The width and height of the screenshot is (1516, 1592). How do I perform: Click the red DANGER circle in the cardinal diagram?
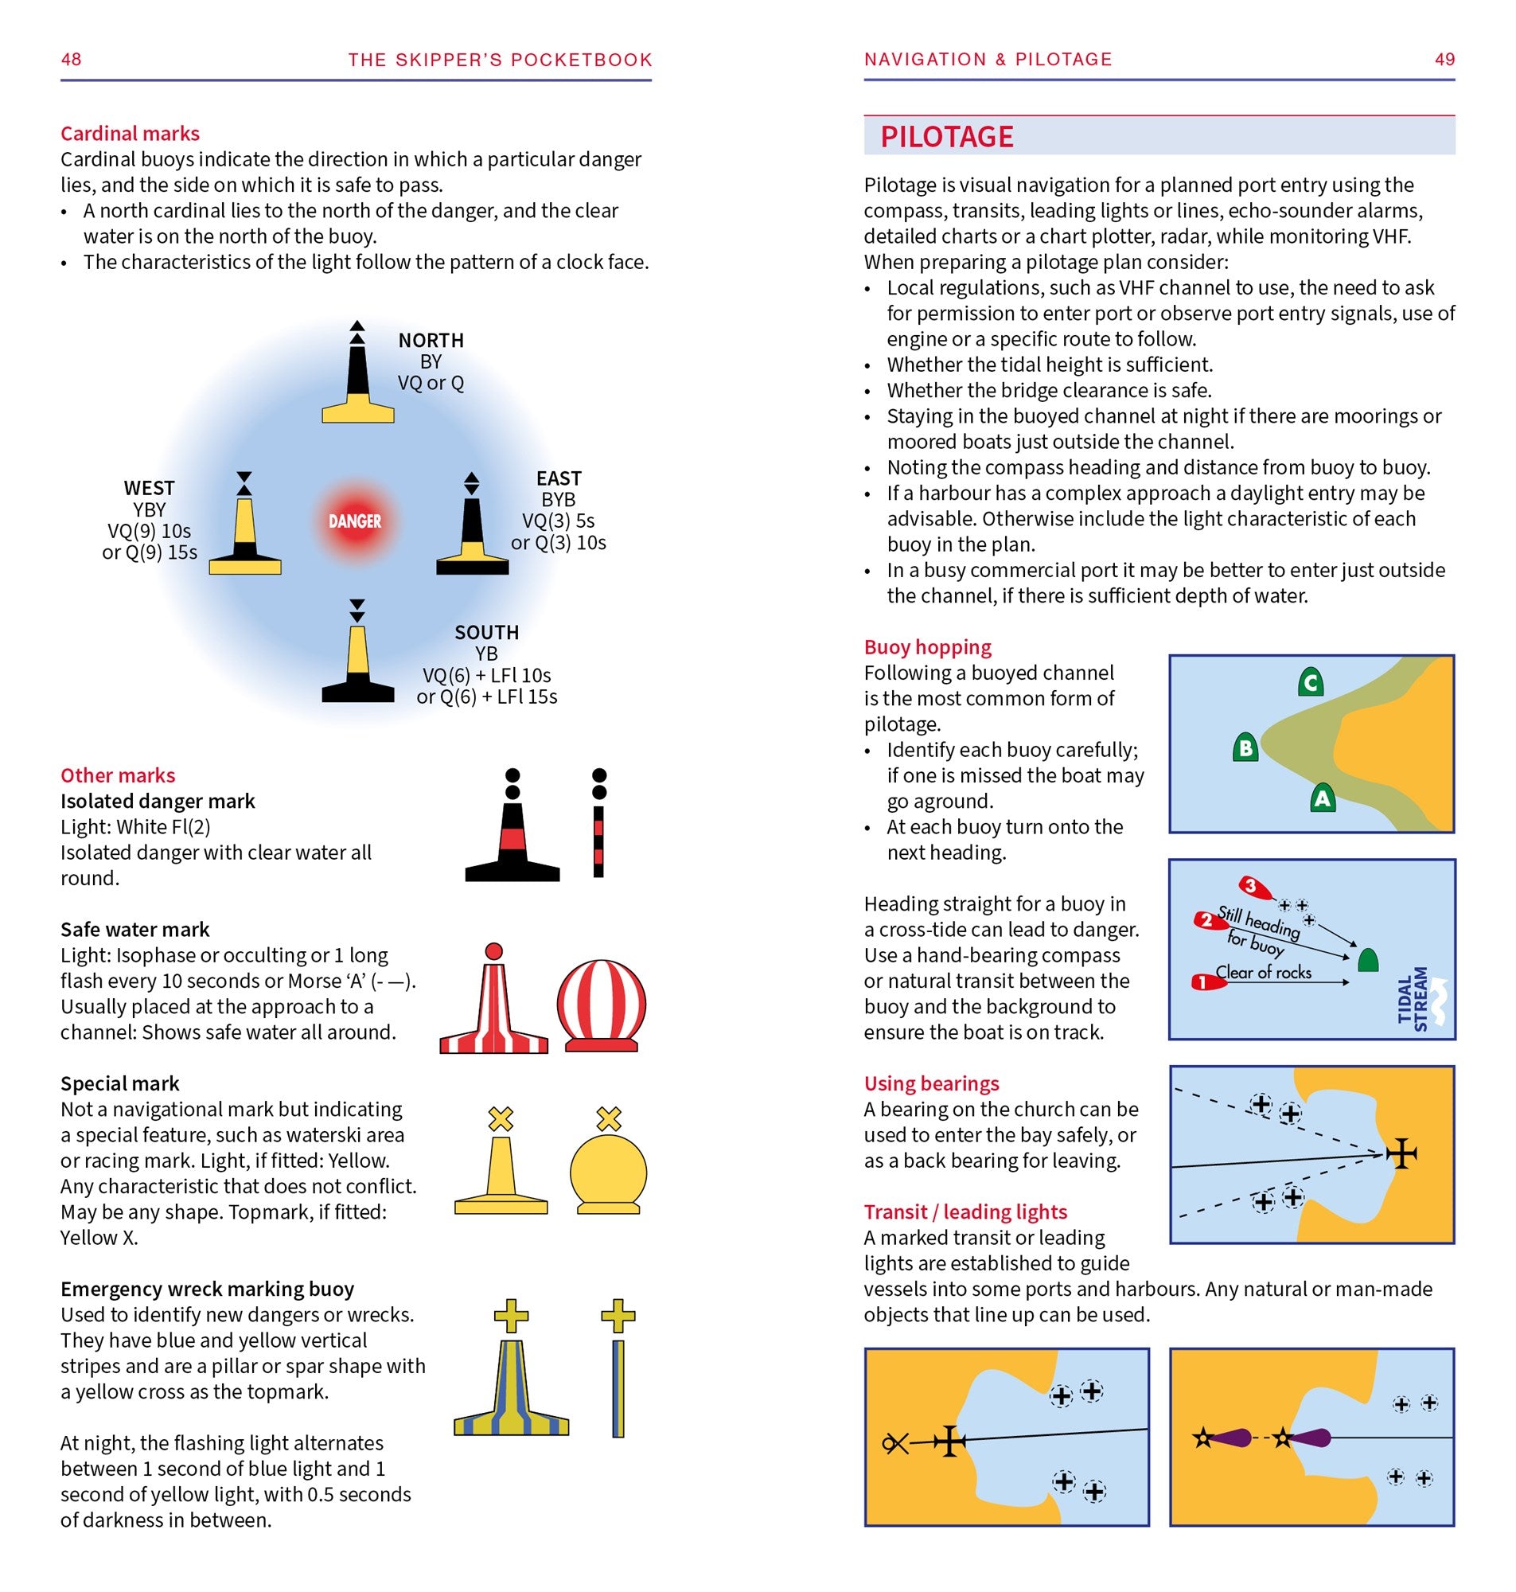click(x=355, y=521)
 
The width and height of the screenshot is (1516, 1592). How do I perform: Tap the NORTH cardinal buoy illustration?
click(x=357, y=380)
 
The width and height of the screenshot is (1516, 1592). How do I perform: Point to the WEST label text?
click(x=150, y=488)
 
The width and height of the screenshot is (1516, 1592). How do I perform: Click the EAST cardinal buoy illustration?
click(x=472, y=529)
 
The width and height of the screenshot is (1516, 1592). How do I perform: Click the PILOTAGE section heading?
click(x=946, y=137)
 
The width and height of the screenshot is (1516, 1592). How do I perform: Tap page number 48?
click(x=71, y=59)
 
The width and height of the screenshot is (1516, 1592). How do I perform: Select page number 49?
click(x=1444, y=59)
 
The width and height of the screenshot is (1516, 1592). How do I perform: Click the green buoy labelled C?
click(x=1311, y=682)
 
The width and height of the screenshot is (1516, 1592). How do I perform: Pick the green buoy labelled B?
click(x=1245, y=747)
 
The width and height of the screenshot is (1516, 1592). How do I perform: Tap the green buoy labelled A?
click(x=1322, y=798)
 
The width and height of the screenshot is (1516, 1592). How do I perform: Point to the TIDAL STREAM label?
click(x=1413, y=999)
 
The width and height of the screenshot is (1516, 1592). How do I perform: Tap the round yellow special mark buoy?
click(x=609, y=1173)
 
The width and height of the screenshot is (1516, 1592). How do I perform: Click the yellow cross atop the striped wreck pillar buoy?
click(x=511, y=1317)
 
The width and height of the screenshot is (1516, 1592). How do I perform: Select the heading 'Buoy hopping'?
click(x=927, y=647)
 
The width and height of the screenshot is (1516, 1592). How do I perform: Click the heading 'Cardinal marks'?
click(x=130, y=134)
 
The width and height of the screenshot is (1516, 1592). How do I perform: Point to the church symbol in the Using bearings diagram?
click(x=1401, y=1153)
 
